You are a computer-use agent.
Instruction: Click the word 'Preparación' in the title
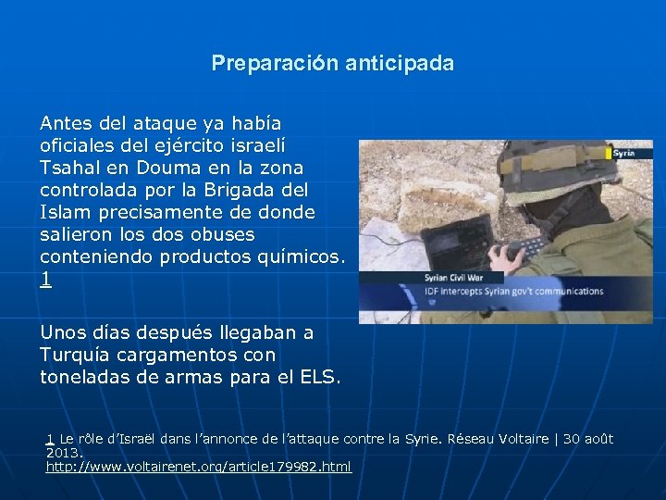pyautogui.click(x=274, y=63)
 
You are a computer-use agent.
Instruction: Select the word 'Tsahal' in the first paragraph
pyautogui.click(x=70, y=168)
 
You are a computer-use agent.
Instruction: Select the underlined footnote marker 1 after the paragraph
pyautogui.click(x=45, y=279)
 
